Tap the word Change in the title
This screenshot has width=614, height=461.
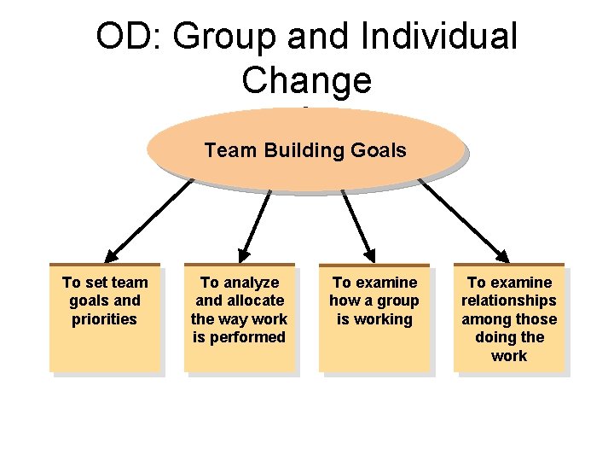(x=307, y=80)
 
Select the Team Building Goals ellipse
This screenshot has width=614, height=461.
(x=305, y=150)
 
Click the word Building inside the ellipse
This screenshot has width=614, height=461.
(x=299, y=151)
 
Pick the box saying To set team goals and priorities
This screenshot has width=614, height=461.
(x=105, y=317)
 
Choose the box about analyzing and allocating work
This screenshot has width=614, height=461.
(x=239, y=317)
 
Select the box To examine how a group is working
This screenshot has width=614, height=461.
(x=374, y=317)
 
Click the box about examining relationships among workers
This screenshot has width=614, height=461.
(x=509, y=318)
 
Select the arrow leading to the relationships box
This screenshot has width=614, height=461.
(x=465, y=219)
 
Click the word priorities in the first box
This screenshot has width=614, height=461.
(x=105, y=319)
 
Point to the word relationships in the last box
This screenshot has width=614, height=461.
(x=509, y=301)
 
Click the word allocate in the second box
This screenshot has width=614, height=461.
(x=253, y=301)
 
